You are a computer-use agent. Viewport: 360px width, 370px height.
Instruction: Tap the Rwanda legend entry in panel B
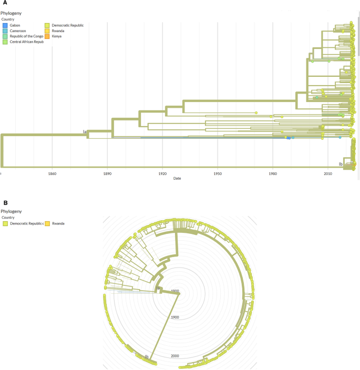(58, 223)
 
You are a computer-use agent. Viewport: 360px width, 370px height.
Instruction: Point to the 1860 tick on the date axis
(52, 173)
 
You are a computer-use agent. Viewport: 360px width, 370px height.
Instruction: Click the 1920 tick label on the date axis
(162, 173)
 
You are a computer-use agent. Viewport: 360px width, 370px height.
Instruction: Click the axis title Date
(178, 179)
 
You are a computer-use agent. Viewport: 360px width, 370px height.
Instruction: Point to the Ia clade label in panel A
(84, 132)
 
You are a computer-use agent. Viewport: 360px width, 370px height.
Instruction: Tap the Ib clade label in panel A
(341, 164)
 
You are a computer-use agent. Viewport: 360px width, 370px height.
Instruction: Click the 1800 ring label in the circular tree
(174, 291)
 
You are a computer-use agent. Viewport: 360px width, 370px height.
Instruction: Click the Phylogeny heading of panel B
(13, 211)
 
